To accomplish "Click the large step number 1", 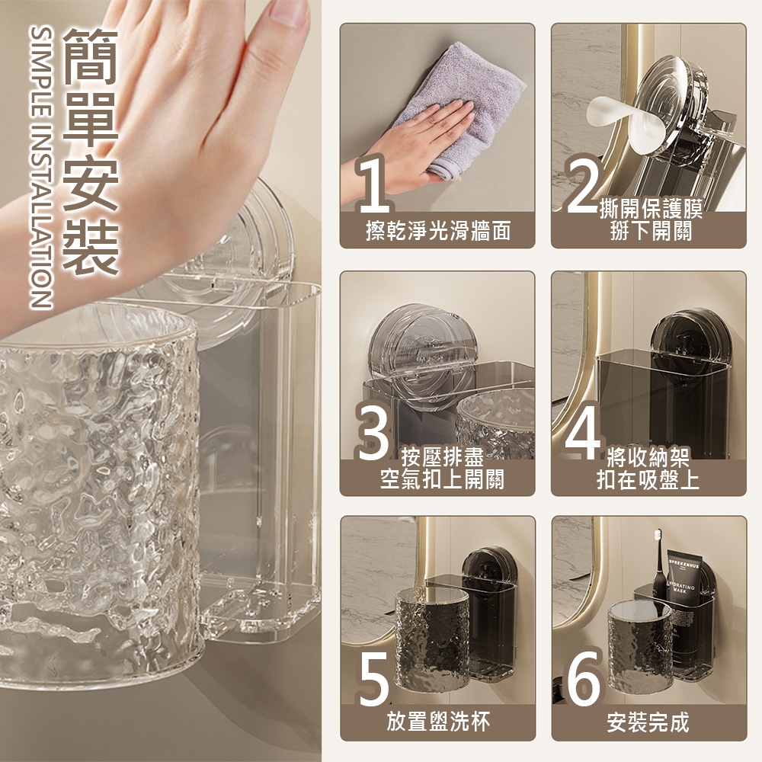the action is click(373, 184).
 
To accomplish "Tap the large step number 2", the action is click(583, 184).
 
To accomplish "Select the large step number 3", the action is click(373, 431).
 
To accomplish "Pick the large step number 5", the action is click(374, 677).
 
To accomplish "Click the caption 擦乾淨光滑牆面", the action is click(438, 231).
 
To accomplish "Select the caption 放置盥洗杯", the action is click(438, 721).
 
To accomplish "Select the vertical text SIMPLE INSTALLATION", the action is click(41, 167).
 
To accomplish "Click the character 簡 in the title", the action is click(91, 55).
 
